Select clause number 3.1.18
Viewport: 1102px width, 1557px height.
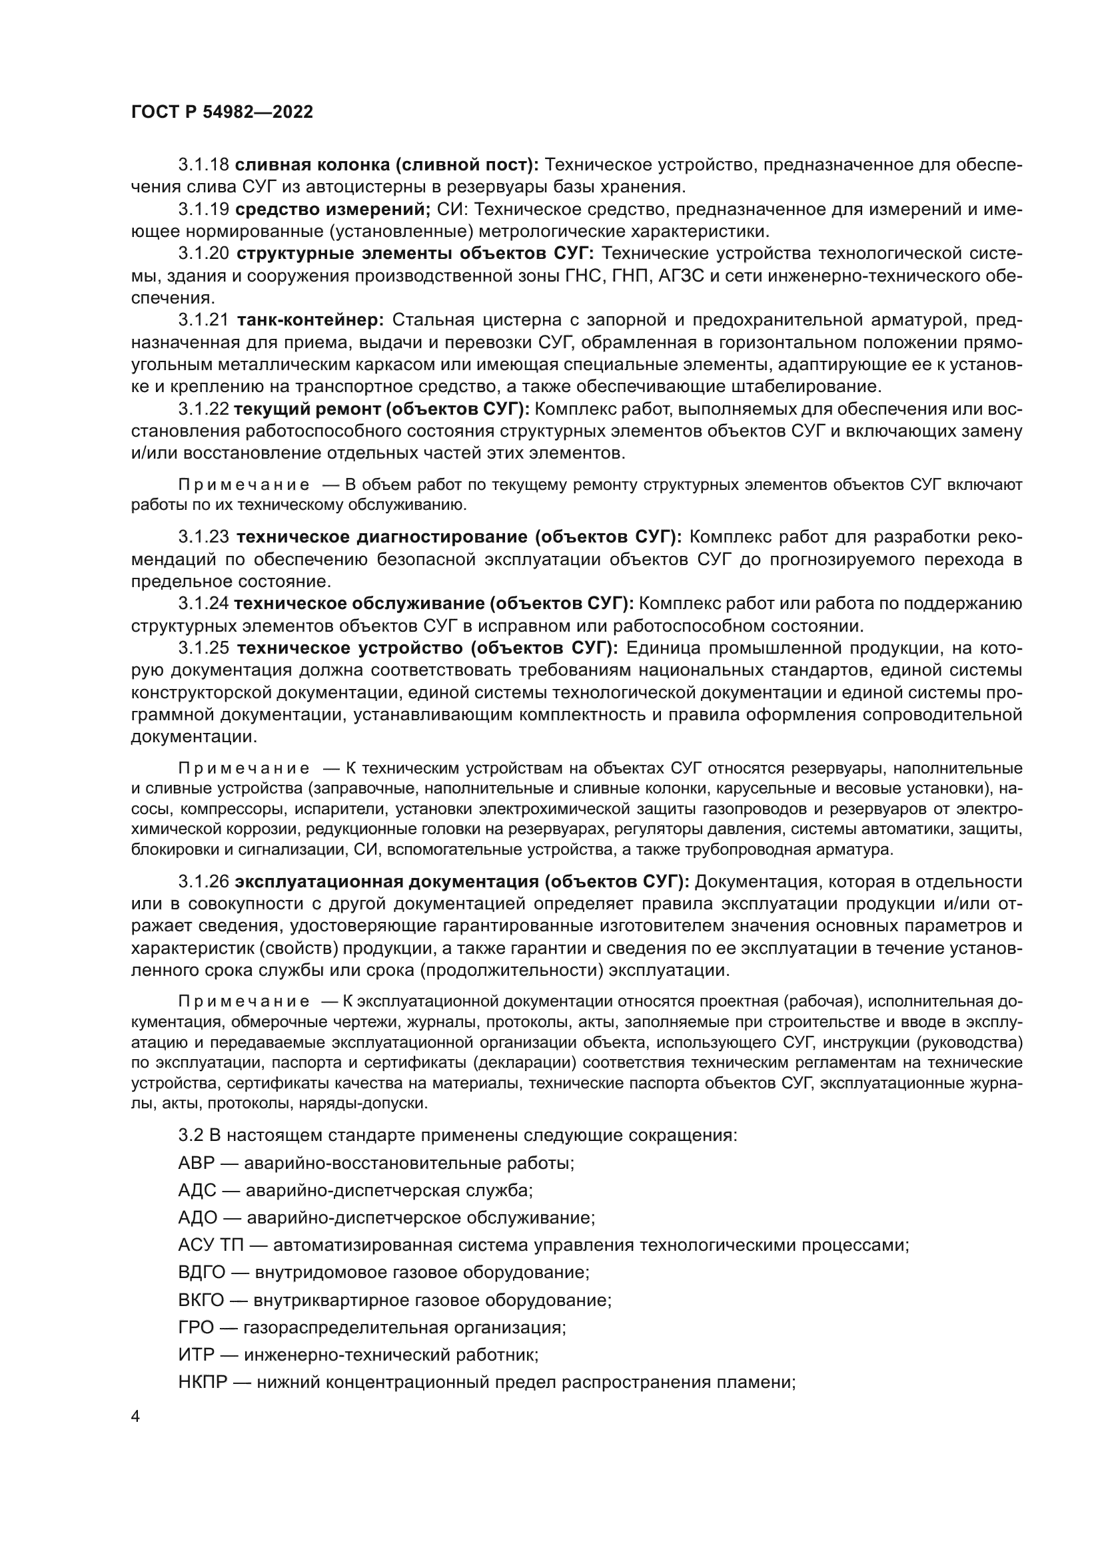[x=204, y=165]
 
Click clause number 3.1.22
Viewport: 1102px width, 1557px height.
[x=204, y=409]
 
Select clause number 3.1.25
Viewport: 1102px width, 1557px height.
[x=204, y=648]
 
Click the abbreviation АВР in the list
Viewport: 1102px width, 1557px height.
[x=196, y=1163]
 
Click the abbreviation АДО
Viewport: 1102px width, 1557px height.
[x=197, y=1218]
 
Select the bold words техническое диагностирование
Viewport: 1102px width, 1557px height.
[x=382, y=537]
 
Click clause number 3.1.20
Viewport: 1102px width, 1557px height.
[x=204, y=254]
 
